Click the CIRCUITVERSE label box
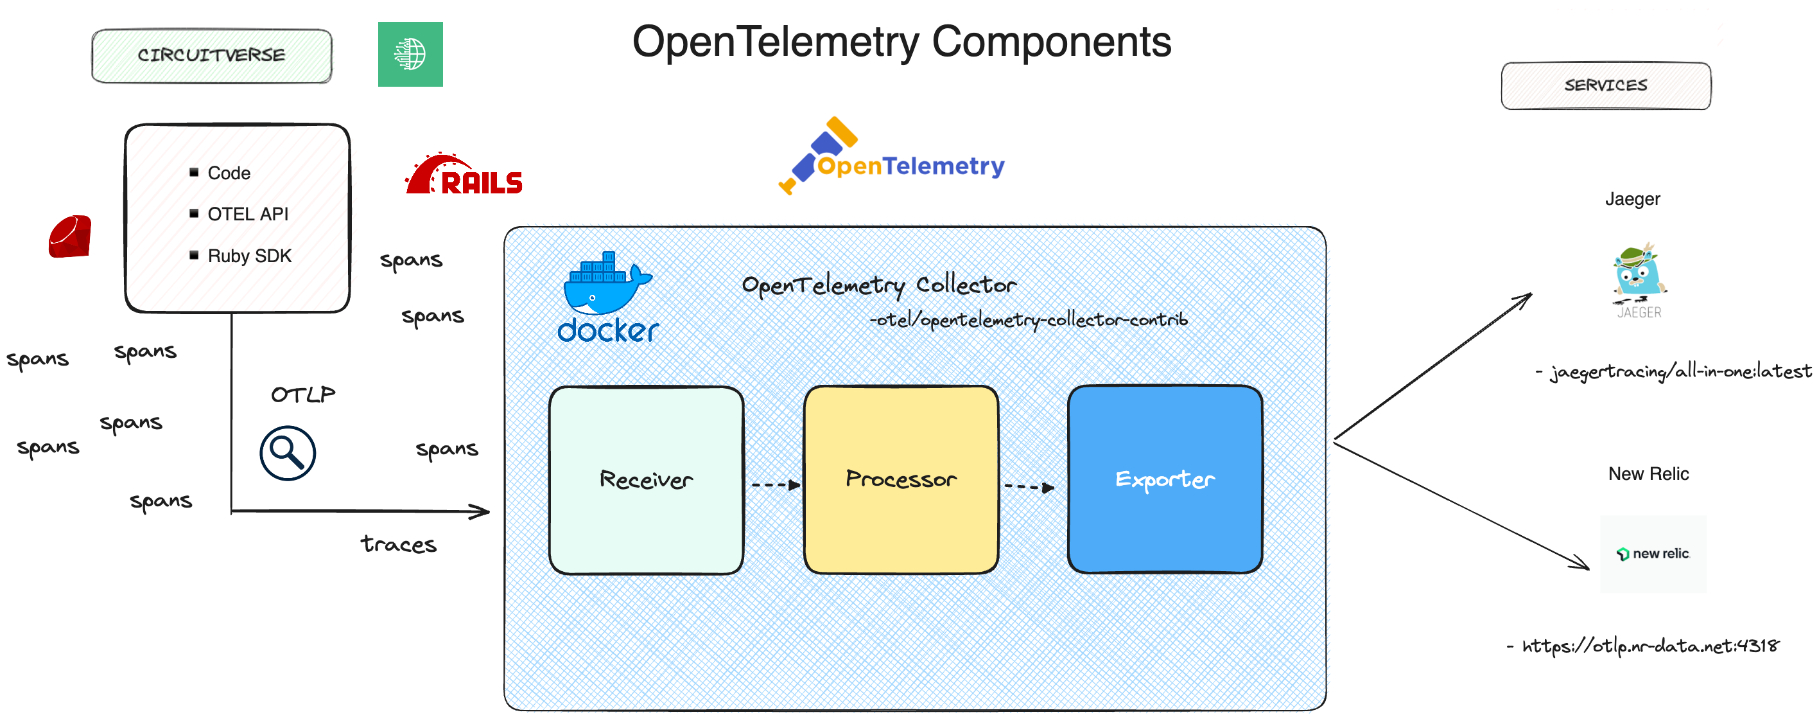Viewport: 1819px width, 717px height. (211, 56)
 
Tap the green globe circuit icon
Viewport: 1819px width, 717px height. (410, 55)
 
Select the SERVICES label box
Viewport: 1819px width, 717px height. (1605, 85)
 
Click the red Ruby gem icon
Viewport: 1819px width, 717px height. (70, 236)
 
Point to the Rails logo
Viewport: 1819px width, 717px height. (464, 175)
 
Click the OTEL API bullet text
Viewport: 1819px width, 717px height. (248, 214)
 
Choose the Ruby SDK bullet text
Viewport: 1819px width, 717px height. (249, 256)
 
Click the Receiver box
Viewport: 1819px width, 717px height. (646, 480)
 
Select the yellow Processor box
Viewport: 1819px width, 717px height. (900, 480)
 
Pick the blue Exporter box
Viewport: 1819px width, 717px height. (1165, 480)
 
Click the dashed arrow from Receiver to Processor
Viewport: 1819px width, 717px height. (774, 485)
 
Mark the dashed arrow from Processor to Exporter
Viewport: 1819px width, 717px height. (1029, 487)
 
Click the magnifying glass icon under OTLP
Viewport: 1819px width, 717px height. (288, 453)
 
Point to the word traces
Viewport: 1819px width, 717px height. (398, 544)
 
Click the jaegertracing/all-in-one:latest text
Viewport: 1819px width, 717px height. (1680, 371)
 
